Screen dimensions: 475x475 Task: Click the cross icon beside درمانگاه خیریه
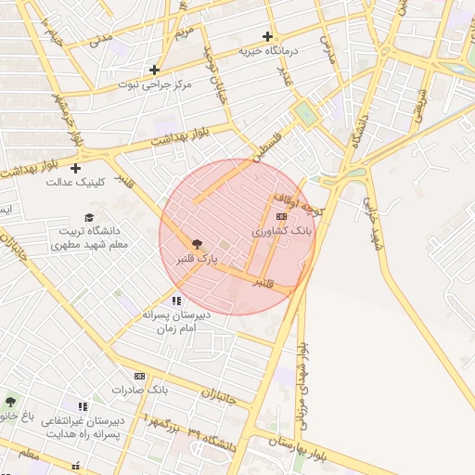click(x=268, y=37)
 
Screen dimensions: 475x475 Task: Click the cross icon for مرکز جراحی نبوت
click(x=155, y=70)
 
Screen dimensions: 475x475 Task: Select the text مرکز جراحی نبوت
click(x=154, y=84)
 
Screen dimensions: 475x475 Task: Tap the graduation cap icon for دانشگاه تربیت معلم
click(x=89, y=216)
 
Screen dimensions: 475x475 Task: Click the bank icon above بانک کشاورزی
click(x=282, y=216)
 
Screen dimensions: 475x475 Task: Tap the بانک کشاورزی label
click(x=282, y=230)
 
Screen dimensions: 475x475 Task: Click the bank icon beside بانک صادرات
click(x=139, y=376)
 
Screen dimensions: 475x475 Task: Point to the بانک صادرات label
click(x=137, y=390)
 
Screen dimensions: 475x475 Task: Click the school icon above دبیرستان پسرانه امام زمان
click(x=176, y=301)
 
